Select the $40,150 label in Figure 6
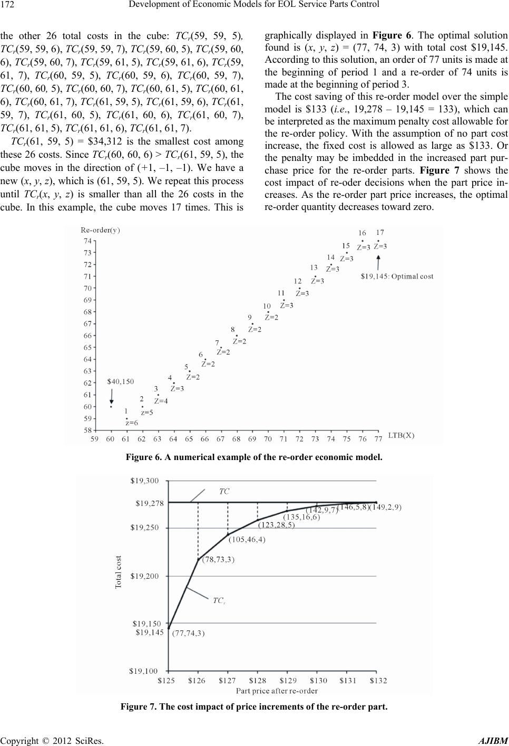click(x=121, y=381)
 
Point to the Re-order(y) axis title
click(x=100, y=230)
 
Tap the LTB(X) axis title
click(x=402, y=436)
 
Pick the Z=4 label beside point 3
click(x=161, y=401)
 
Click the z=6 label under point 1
click(x=132, y=423)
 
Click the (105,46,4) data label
click(x=247, y=539)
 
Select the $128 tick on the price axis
click(x=258, y=681)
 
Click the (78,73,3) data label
click(x=219, y=560)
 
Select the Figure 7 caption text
click(x=254, y=706)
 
